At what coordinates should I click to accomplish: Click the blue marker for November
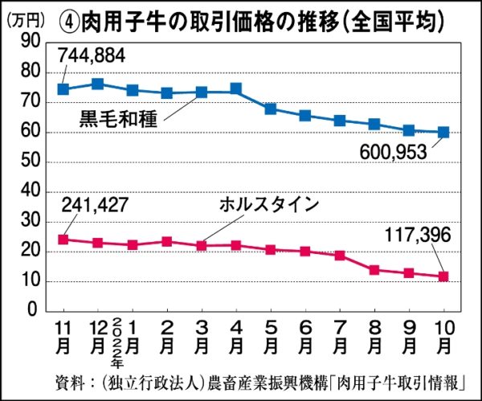coord(63,88)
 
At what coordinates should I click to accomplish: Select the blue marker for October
coord(443,133)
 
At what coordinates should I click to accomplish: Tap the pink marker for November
coord(63,239)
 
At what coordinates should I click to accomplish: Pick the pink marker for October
coord(443,276)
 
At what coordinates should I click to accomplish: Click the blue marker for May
coord(271,108)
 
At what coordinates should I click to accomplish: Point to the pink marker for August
coord(374,270)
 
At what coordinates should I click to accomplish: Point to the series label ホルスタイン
coord(269,205)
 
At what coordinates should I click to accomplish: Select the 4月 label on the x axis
coord(236,339)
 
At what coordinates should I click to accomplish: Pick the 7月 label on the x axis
coord(340,339)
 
